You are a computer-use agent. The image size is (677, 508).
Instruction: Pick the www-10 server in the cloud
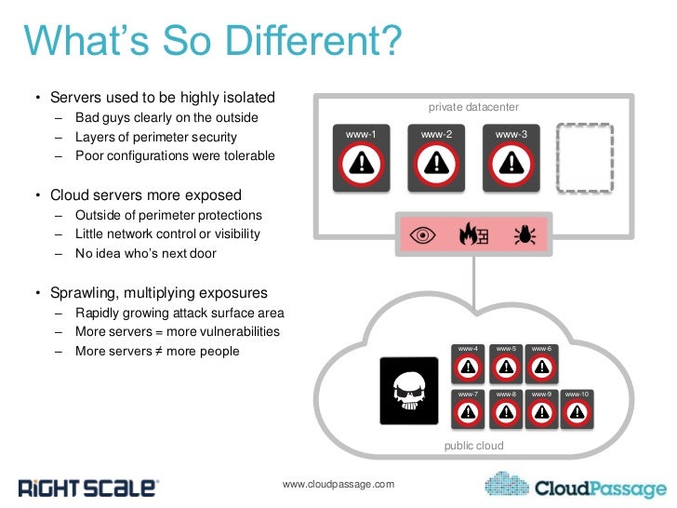click(x=582, y=408)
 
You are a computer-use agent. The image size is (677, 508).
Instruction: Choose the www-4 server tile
click(x=469, y=363)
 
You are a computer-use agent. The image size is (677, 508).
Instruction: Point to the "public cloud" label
click(x=474, y=446)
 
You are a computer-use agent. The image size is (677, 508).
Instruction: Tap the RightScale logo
click(x=88, y=487)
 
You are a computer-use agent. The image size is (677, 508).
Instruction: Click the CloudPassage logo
click(x=577, y=486)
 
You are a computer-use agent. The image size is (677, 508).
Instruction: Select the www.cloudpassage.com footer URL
click(x=338, y=484)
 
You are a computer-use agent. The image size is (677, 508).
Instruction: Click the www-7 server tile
click(x=469, y=408)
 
